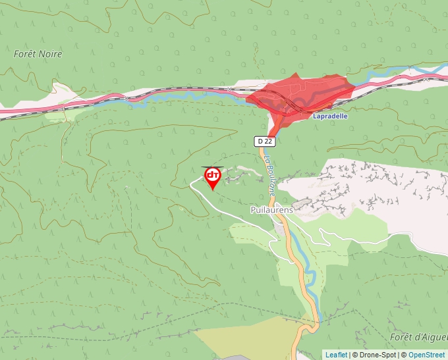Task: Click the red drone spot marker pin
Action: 213,176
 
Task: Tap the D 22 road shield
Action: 264,141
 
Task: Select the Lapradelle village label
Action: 330,116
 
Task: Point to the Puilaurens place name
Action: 271,210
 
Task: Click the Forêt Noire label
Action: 38,54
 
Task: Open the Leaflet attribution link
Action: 336,355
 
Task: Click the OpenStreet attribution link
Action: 426,355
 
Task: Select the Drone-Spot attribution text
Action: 379,355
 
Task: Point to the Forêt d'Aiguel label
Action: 418,337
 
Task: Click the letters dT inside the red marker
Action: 213,174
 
